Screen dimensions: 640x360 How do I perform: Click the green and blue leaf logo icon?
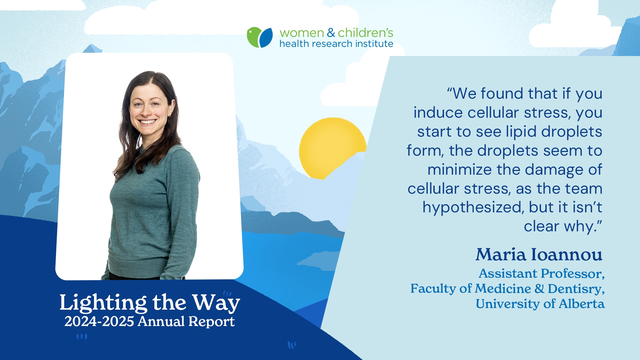point(260,37)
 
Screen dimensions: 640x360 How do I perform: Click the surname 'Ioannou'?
point(567,255)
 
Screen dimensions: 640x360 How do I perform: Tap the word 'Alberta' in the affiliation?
point(582,304)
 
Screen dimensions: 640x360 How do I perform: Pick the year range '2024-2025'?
point(99,321)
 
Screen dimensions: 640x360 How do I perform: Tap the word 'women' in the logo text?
point(302,33)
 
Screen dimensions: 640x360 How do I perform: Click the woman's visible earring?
point(169,117)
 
